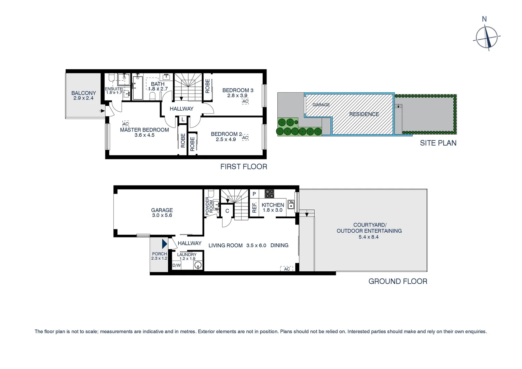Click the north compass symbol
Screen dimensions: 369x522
pyautogui.click(x=487, y=37)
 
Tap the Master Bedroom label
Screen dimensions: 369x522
pyautogui.click(x=144, y=130)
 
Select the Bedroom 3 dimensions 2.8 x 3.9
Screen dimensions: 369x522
pyautogui.click(x=237, y=96)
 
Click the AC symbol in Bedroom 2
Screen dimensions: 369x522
pyautogui.click(x=245, y=138)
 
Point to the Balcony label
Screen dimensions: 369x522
pyautogui.click(x=83, y=93)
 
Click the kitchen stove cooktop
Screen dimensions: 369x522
pyautogui.click(x=269, y=194)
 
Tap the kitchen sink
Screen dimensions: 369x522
pyautogui.click(x=291, y=204)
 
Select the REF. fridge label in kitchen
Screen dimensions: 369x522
pyautogui.click(x=254, y=208)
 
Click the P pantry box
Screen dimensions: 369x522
pyautogui.click(x=254, y=194)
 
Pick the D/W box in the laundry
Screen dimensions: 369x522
pyautogui.click(x=176, y=265)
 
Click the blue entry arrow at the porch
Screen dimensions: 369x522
pyautogui.click(x=164, y=244)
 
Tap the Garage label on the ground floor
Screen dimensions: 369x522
pyautogui.click(x=162, y=210)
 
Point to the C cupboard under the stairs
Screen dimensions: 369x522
pyautogui.click(x=227, y=211)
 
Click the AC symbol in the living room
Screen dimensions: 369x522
pyautogui.click(x=287, y=269)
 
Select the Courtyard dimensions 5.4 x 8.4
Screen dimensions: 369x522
pyautogui.click(x=369, y=237)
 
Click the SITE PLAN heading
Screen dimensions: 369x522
pyautogui.click(x=438, y=143)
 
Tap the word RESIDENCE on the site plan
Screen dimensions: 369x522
pyautogui.click(x=364, y=114)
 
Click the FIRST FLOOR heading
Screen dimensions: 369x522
pyautogui.click(x=243, y=166)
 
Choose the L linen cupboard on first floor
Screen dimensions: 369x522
pyautogui.click(x=183, y=120)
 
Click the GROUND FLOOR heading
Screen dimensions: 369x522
pyautogui.click(x=398, y=281)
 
